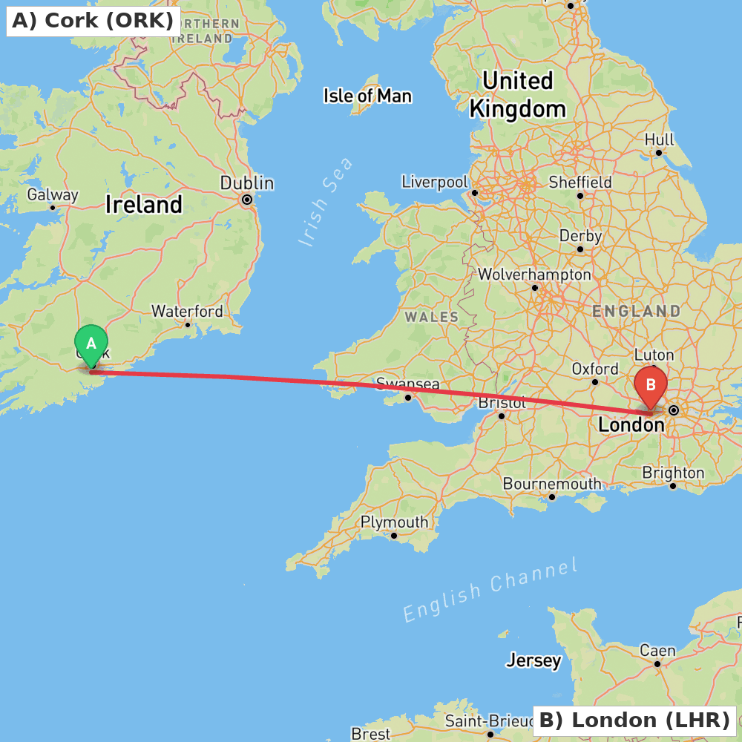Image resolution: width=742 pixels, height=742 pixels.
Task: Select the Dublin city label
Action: [x=247, y=183]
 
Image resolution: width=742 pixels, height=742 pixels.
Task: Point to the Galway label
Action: [x=53, y=194]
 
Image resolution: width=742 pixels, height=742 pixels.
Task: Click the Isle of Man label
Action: [x=367, y=96]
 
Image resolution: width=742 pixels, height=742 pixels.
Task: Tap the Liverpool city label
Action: [x=435, y=182]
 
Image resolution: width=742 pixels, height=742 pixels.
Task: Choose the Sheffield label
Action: [x=580, y=182]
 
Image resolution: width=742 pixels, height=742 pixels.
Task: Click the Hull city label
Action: [x=659, y=139]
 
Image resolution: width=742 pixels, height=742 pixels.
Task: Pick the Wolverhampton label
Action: [x=534, y=275]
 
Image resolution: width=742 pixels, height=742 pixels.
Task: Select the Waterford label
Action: [x=187, y=311]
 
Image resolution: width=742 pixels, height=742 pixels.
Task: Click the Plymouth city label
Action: [x=394, y=522]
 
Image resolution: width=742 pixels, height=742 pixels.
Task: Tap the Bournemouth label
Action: [x=552, y=484]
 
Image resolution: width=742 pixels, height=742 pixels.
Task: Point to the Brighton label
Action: [x=673, y=473]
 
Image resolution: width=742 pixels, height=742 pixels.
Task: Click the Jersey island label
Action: [x=533, y=660]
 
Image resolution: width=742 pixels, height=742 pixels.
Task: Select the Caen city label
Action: [x=658, y=651]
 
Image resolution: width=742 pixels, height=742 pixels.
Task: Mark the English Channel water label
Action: [x=490, y=591]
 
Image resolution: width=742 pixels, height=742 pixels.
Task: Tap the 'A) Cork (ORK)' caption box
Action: [x=93, y=21]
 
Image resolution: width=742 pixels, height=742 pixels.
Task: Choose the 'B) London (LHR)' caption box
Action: [x=634, y=720]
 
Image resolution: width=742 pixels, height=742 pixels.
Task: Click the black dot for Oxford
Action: [x=595, y=382]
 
